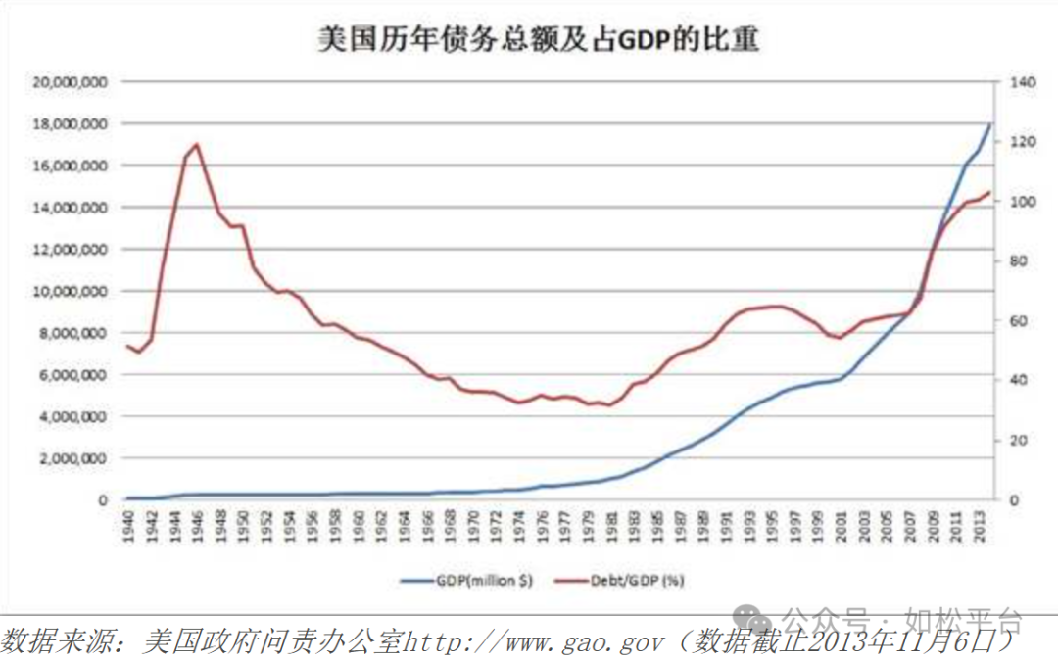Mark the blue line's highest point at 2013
tap(990, 125)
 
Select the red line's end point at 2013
tap(990, 192)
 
